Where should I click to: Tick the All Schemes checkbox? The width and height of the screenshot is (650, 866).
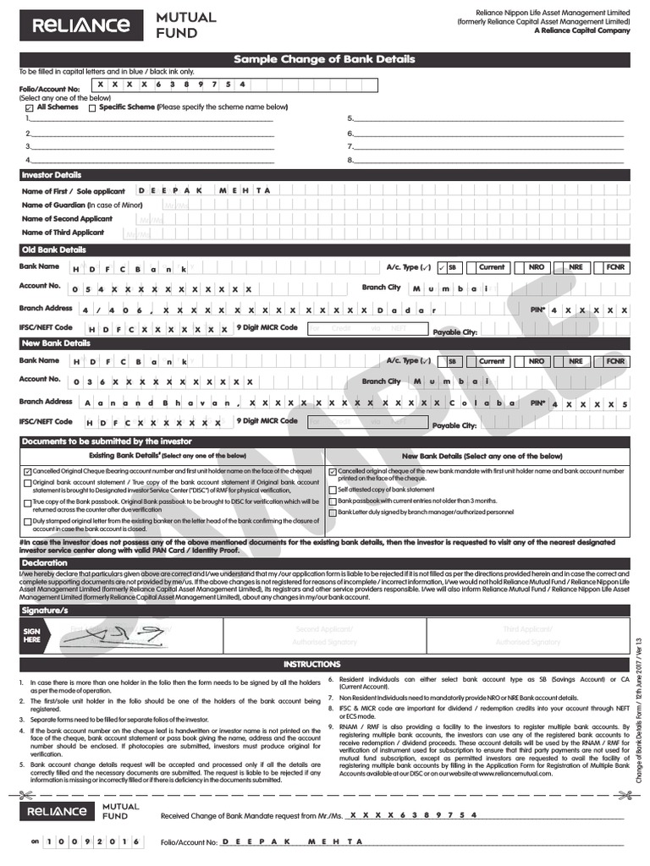click(x=30, y=108)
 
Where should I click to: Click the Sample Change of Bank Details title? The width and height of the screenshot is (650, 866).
click(x=324, y=59)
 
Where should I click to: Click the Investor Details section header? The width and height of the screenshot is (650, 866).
click(x=52, y=175)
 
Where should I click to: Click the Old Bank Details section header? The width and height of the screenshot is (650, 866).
click(x=53, y=250)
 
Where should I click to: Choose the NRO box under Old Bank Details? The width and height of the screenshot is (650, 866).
click(x=537, y=267)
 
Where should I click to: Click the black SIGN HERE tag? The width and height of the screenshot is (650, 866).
click(x=31, y=635)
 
